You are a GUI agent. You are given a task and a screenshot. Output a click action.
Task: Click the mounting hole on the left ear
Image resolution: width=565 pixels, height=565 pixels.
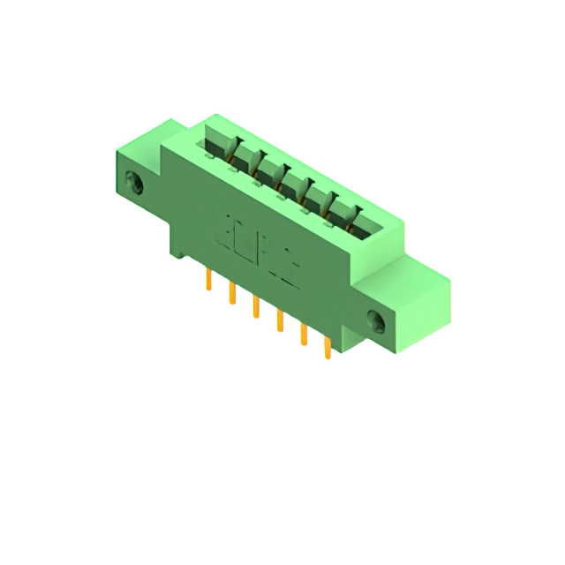click(x=135, y=185)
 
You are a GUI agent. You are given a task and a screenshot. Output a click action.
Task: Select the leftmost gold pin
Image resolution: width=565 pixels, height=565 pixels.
click(x=209, y=281)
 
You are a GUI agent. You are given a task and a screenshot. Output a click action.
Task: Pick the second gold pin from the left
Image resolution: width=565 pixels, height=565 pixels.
click(x=232, y=293)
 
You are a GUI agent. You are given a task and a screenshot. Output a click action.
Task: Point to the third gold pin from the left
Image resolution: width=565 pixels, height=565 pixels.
click(x=256, y=306)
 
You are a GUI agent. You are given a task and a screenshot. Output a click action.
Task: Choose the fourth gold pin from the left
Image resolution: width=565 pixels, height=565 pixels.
click(x=279, y=319)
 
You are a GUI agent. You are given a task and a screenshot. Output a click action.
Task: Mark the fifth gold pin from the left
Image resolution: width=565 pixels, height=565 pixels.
click(x=303, y=333)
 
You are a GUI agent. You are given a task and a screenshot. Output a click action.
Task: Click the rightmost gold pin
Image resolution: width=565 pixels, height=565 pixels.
click(x=327, y=346)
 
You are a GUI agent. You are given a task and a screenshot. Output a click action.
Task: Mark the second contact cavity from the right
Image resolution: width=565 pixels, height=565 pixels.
click(x=336, y=206)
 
